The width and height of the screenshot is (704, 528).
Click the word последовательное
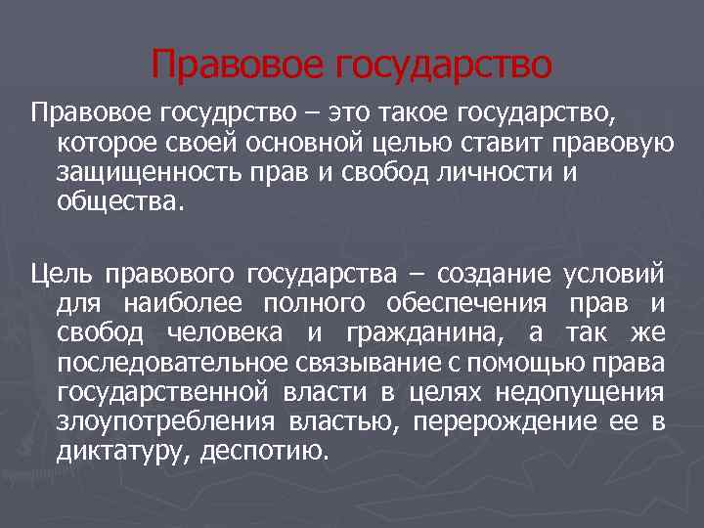pyautogui.click(x=167, y=364)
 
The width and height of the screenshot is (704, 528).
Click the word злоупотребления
pyautogui.click(x=166, y=422)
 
